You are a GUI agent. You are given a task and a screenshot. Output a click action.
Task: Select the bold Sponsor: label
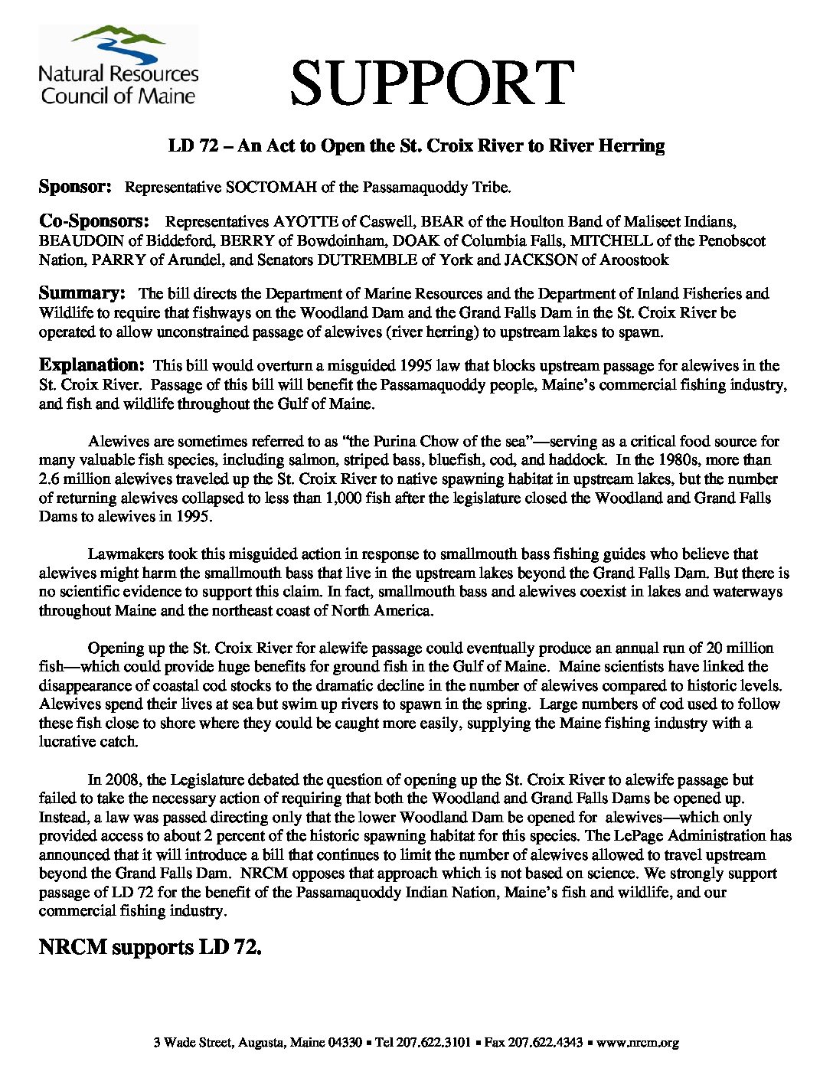(76, 187)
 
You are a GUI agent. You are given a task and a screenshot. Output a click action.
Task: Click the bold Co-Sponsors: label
(94, 222)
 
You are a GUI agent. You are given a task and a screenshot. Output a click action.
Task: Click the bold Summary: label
(82, 293)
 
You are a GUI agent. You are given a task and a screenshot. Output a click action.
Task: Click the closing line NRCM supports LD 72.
(150, 948)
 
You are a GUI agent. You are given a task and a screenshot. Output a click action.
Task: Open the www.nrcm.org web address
(638, 1042)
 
